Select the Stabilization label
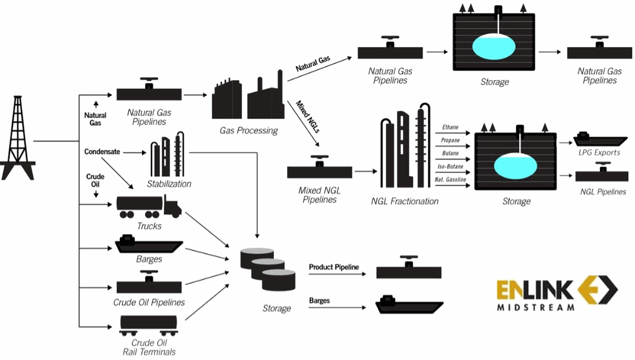tap(169, 184)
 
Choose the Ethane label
tap(450, 127)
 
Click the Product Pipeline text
tap(334, 267)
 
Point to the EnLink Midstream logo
tap(557, 294)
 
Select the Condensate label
tap(102, 152)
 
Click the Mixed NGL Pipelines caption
tap(319, 195)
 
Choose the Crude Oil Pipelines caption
tap(149, 302)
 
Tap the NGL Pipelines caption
tap(603, 192)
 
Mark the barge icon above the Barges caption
tap(149, 244)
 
